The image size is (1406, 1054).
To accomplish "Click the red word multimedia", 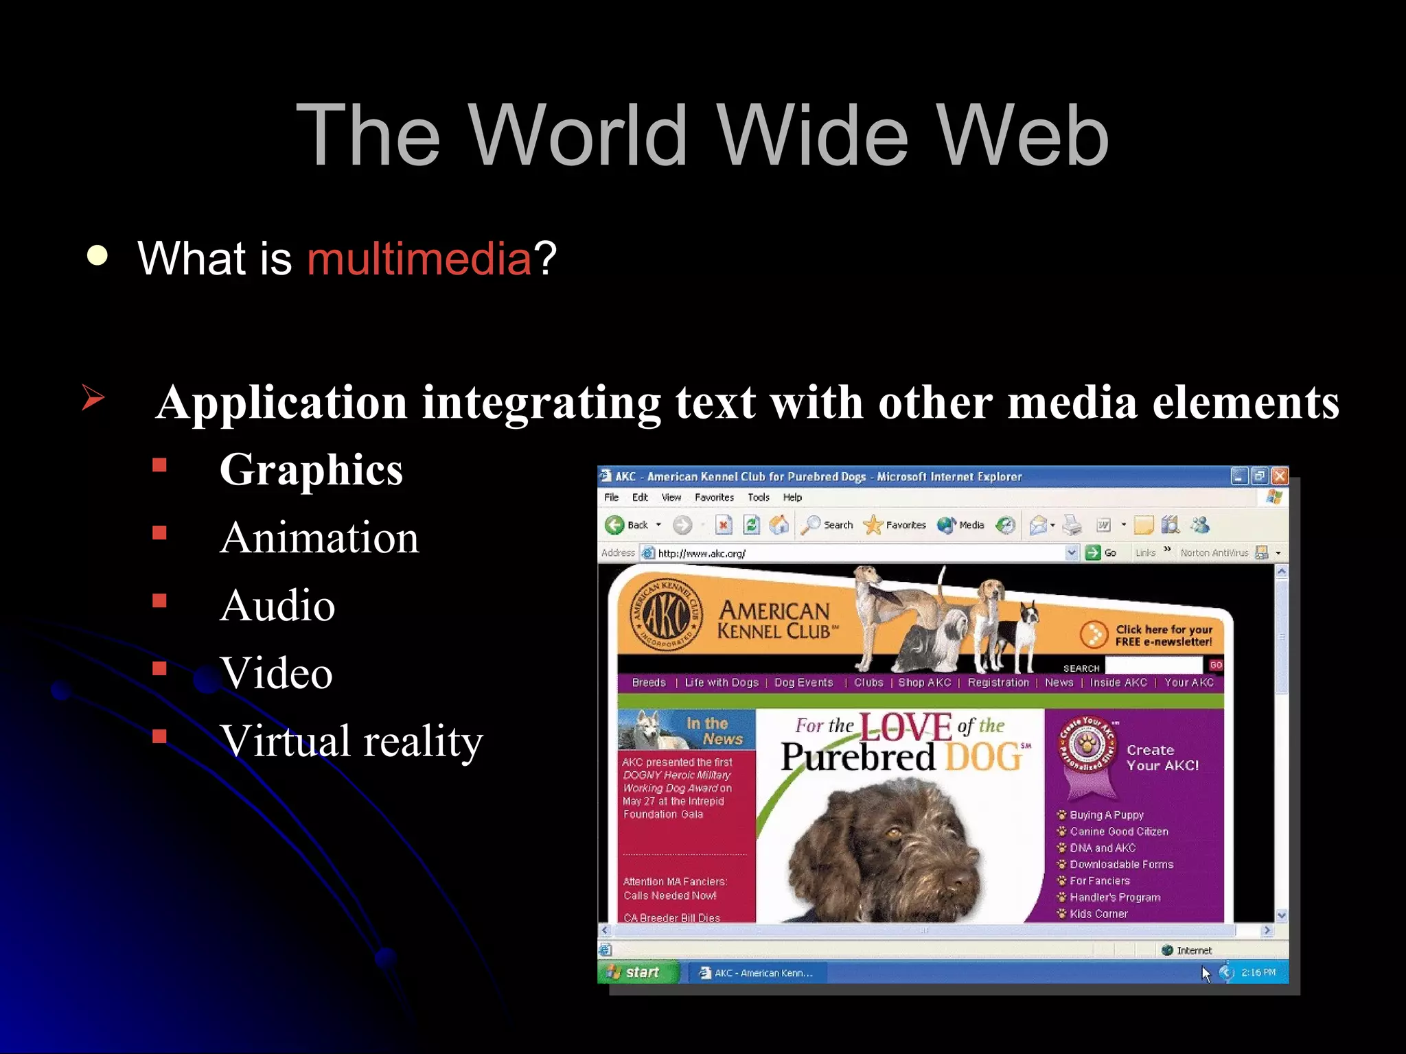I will (x=419, y=259).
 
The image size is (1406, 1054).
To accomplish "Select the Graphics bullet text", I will (x=311, y=470).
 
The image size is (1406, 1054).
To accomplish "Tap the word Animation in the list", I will (x=319, y=537).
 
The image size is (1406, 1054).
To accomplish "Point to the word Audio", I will (x=277, y=605).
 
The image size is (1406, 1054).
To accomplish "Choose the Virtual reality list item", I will (x=351, y=741).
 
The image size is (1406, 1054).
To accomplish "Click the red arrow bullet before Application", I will (x=93, y=397).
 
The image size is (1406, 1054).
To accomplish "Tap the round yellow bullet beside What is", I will (x=97, y=255).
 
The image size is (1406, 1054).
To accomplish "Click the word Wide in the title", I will (x=813, y=135).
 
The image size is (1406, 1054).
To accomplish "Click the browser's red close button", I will (x=1279, y=476).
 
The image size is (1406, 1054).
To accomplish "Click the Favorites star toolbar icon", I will (x=873, y=525).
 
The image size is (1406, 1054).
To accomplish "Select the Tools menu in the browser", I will (x=758, y=497).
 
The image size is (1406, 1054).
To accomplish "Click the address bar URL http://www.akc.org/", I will (x=701, y=553).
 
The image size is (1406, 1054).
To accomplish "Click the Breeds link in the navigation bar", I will (x=649, y=682).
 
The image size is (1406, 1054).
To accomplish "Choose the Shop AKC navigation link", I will (x=924, y=682).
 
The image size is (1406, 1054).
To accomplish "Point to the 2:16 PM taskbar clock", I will (x=1258, y=972).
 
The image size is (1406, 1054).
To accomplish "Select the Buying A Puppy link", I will (x=1106, y=815).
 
